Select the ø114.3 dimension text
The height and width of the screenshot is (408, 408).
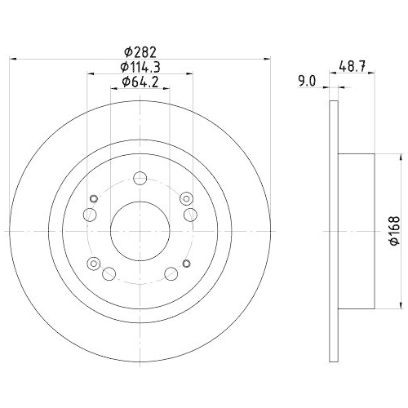click(x=140, y=65)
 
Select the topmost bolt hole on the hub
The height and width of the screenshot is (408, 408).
click(x=140, y=178)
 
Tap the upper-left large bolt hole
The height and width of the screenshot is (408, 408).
click(x=91, y=214)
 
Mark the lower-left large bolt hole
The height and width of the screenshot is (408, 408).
click(x=109, y=272)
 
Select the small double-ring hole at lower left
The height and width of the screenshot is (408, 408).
click(x=93, y=263)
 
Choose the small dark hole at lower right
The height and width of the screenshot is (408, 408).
click(x=186, y=263)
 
